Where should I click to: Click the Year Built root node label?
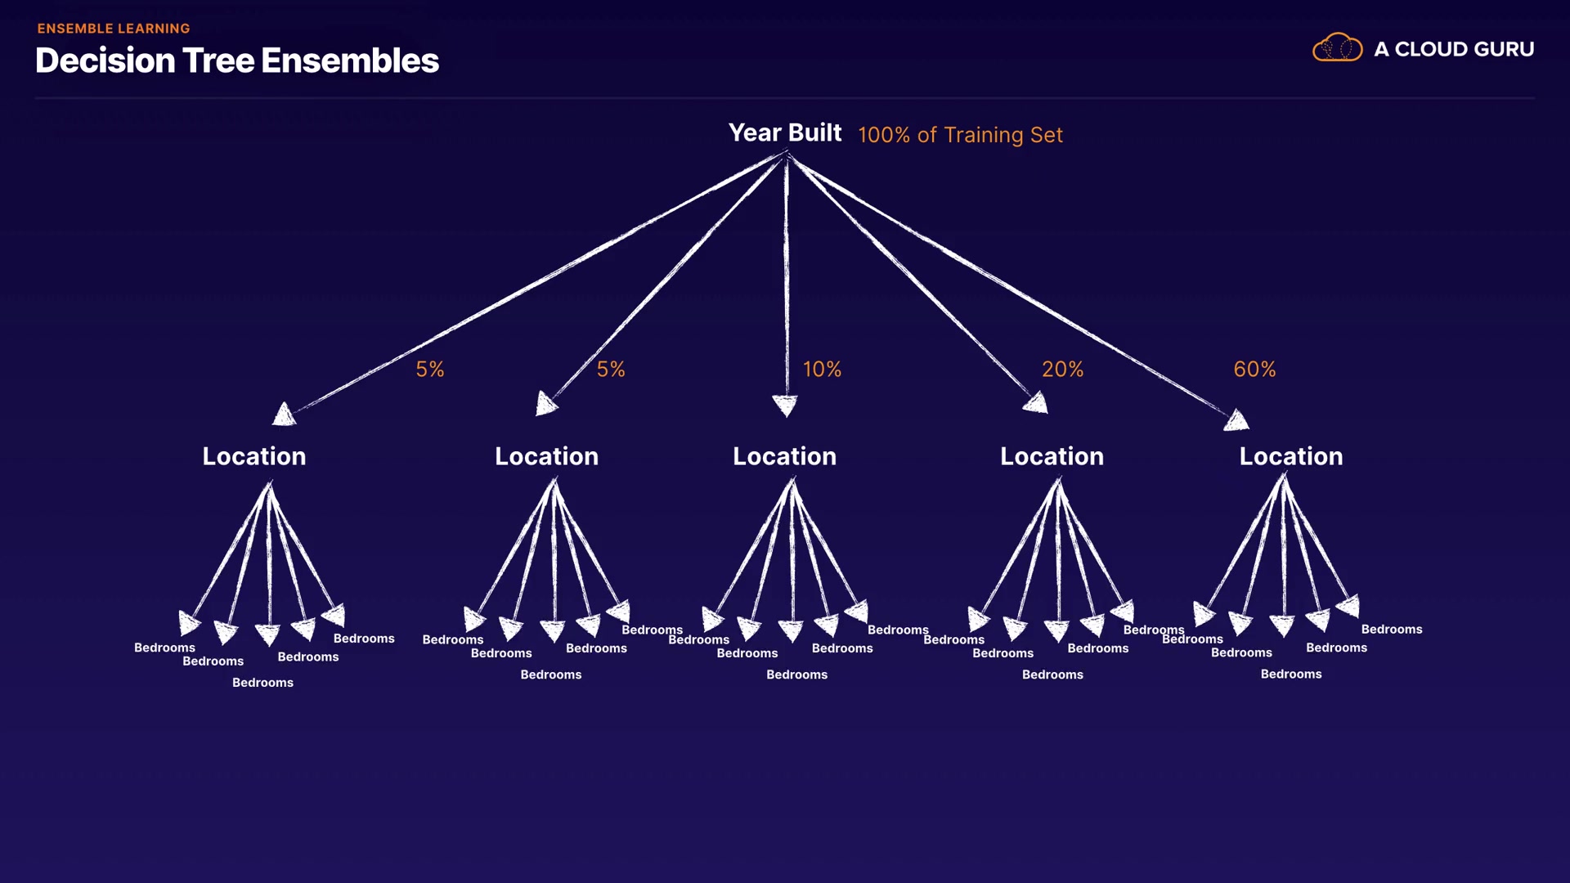coord(784,132)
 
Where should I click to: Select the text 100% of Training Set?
coord(960,135)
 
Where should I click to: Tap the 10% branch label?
coord(822,370)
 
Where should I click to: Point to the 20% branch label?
coord(1062,370)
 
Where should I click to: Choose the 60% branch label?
coord(1254,370)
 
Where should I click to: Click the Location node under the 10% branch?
coord(784,456)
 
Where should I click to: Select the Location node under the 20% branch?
coord(1052,456)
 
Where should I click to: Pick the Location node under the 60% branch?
coord(1290,456)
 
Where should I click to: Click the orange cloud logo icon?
coord(1337,48)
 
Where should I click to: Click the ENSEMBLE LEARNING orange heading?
coord(114,29)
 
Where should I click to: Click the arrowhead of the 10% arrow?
coord(785,405)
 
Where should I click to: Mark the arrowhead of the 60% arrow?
coord(1237,420)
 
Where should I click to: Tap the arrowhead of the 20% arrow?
coord(1037,402)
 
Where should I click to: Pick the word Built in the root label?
coord(814,132)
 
